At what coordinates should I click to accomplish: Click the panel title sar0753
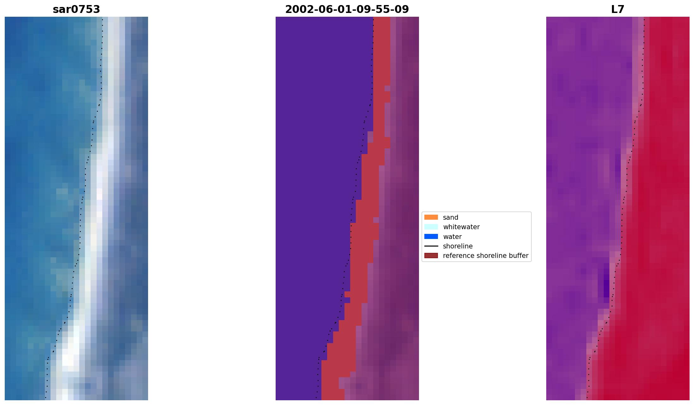[76, 9]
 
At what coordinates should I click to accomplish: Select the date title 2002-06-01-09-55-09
[347, 9]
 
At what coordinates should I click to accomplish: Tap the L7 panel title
[618, 9]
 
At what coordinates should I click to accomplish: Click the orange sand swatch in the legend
[431, 217]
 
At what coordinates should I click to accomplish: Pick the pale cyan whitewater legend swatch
[431, 227]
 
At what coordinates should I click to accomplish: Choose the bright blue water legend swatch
[431, 236]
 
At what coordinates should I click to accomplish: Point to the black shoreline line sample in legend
[431, 246]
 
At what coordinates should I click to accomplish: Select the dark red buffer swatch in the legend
[431, 255]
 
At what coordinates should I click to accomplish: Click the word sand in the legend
[450, 217]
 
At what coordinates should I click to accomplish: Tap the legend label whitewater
[461, 227]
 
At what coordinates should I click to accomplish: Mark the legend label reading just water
[452, 236]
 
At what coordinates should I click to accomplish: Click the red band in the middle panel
[363, 253]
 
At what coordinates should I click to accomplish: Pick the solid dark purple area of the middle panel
[309, 189]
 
